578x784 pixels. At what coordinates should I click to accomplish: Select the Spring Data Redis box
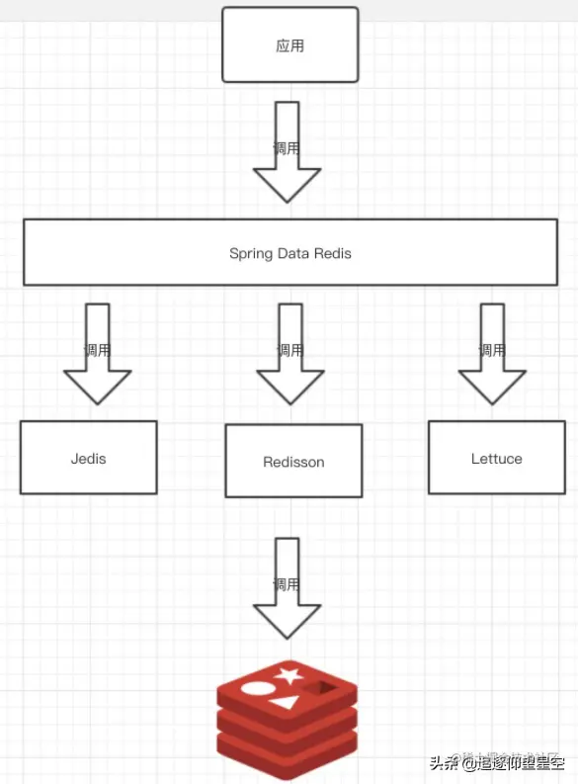coord(290,253)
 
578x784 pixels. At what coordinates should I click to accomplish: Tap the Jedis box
coord(89,458)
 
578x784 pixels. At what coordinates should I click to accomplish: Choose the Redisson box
coord(293,461)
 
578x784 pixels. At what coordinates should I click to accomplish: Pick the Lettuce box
coord(496,458)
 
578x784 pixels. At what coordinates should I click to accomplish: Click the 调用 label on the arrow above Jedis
coord(97,350)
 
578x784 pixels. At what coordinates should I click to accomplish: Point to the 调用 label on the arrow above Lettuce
coord(492,350)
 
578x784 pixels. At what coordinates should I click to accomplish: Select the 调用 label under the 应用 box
coord(287,148)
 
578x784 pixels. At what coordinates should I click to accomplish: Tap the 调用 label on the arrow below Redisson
coord(287,583)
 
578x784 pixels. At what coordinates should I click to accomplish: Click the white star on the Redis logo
coord(289,676)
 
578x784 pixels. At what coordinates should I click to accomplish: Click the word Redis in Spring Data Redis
coord(334,253)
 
